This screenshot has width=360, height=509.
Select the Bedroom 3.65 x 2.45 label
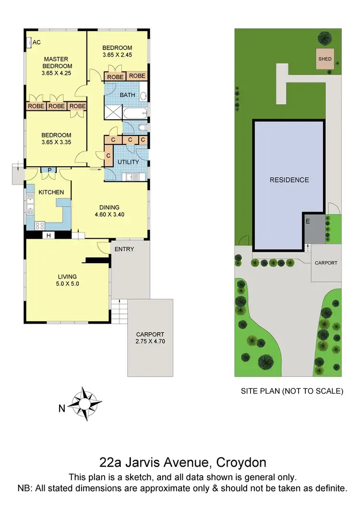coord(117,51)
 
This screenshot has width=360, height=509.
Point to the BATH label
coord(127,95)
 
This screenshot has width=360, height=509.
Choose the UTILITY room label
coord(128,162)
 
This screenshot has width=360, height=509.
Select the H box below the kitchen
coord(48,235)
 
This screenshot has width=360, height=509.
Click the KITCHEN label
coord(51,192)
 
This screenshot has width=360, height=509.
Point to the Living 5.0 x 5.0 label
coord(67,280)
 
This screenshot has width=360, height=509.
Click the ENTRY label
coord(124,249)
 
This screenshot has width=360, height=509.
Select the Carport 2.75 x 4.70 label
coord(150,338)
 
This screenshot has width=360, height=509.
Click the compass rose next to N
coord(84,404)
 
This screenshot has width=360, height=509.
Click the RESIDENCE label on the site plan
coord(289,180)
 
